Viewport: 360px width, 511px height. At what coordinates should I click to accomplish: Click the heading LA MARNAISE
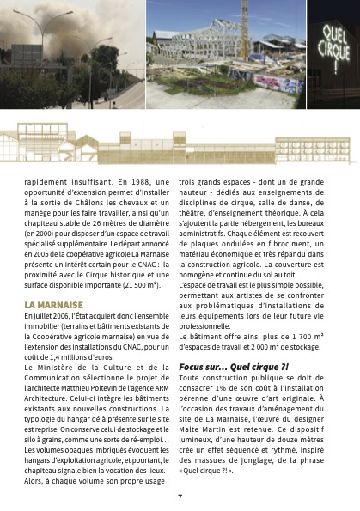(54, 305)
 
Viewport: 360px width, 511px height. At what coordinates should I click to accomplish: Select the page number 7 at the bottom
(180, 496)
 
